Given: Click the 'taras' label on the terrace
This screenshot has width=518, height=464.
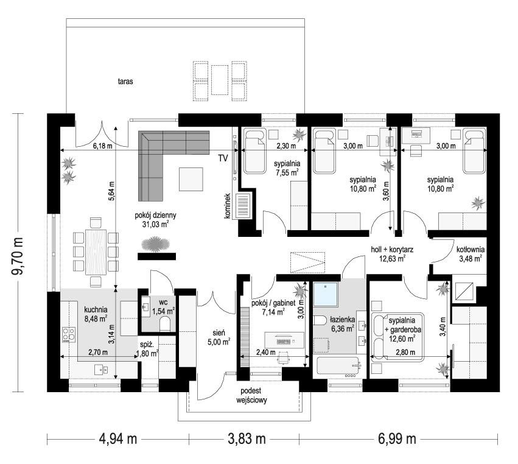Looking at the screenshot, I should coord(125,80).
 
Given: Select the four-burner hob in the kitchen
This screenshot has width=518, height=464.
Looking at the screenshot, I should coord(69,335).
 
